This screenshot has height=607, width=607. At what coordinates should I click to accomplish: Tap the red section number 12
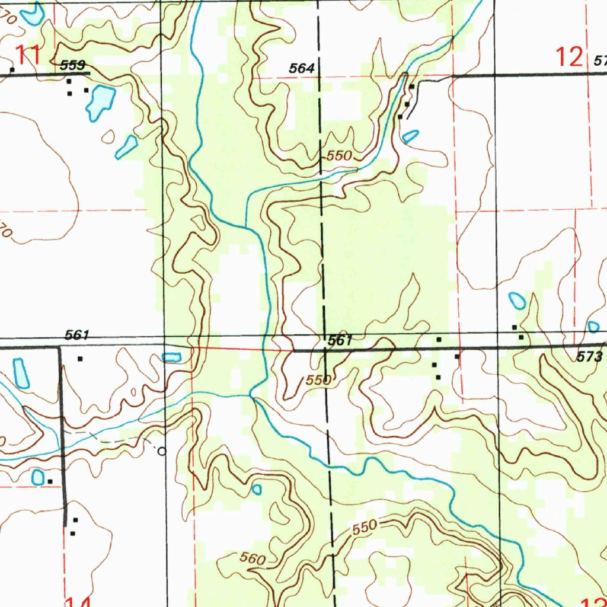[568, 57]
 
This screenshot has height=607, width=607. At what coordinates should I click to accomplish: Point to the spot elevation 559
[73, 65]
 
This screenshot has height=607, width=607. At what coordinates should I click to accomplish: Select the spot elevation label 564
[301, 69]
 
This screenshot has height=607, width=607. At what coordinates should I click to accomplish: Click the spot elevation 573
[590, 357]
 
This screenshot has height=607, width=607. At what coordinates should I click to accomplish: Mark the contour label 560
[253, 558]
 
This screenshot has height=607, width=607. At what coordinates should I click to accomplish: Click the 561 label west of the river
[77, 336]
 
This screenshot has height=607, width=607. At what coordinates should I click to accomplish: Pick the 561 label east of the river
[340, 340]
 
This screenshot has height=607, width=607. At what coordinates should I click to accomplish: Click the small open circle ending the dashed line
[162, 451]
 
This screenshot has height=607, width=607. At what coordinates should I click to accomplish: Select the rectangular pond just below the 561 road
[172, 357]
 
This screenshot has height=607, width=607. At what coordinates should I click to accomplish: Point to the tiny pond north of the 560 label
[257, 489]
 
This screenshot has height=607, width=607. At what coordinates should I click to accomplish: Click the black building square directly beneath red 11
[11, 71]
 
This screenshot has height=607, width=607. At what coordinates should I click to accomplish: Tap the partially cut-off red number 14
[78, 602]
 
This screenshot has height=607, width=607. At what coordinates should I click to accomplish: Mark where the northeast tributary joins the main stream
[246, 226]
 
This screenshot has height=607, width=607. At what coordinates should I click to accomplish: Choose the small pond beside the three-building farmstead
[410, 136]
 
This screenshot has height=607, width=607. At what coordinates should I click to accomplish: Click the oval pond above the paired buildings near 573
[517, 301]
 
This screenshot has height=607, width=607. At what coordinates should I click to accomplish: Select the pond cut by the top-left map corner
[32, 13]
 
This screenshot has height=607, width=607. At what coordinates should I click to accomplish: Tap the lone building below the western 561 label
[80, 358]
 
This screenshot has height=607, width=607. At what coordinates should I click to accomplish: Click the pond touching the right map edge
[593, 326]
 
